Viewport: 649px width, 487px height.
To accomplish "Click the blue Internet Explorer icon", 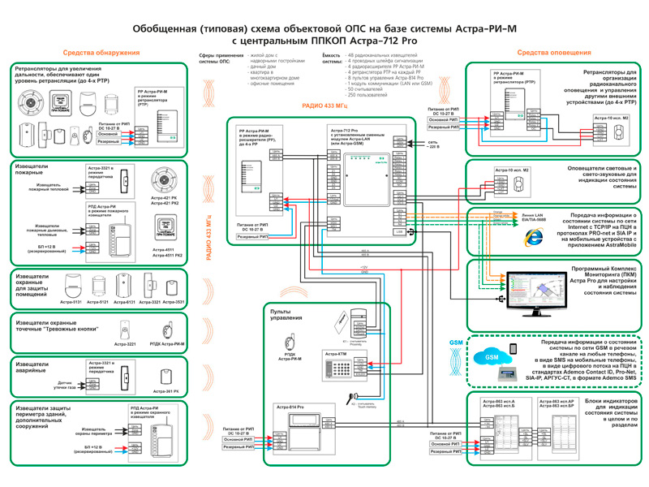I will [533, 236].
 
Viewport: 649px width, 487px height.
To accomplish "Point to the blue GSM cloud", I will [491, 357].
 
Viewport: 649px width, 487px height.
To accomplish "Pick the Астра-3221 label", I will [126, 344].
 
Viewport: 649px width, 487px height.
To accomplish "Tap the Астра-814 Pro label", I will [289, 405].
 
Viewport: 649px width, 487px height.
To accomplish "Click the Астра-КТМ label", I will [336, 354].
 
